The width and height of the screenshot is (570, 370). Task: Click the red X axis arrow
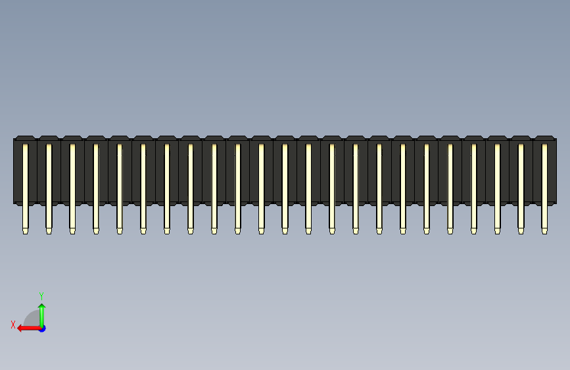[26, 328]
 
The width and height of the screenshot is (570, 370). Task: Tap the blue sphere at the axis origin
[42, 328]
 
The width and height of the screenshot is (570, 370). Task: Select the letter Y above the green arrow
[41, 296]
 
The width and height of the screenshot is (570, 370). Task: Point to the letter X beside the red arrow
[13, 325]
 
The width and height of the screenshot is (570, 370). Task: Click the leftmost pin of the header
[25, 184]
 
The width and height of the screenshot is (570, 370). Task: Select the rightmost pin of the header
[544, 184]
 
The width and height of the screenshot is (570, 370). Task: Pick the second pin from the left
[49, 184]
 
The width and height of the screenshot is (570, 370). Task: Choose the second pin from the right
[521, 184]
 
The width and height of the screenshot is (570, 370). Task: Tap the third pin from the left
[72, 184]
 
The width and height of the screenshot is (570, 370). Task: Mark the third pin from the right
[497, 184]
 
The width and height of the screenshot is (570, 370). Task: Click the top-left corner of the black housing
[14, 139]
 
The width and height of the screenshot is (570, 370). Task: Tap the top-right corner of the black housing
[556, 139]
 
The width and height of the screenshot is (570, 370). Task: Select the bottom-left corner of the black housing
[14, 202]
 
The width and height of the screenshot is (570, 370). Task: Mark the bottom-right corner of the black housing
[556, 202]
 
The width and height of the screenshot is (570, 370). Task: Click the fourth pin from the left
[96, 184]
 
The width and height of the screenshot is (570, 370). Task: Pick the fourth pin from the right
[473, 184]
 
